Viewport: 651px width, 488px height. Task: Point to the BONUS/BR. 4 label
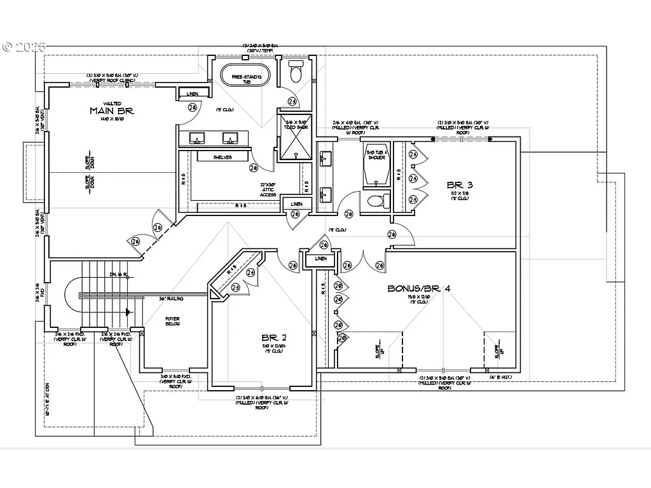[419, 288]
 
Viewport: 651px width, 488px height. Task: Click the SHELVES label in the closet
[222, 156]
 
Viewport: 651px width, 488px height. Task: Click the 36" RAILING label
[172, 297]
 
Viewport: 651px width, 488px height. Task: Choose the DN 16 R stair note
[118, 274]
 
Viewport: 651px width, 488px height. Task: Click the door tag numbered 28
[193, 108]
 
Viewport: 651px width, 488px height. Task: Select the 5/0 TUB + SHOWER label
[376, 154]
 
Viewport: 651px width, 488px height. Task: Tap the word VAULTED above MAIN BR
[113, 103]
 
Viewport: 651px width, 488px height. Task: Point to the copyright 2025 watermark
[24, 46]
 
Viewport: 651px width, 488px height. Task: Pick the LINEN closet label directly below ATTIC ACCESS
[296, 203]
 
